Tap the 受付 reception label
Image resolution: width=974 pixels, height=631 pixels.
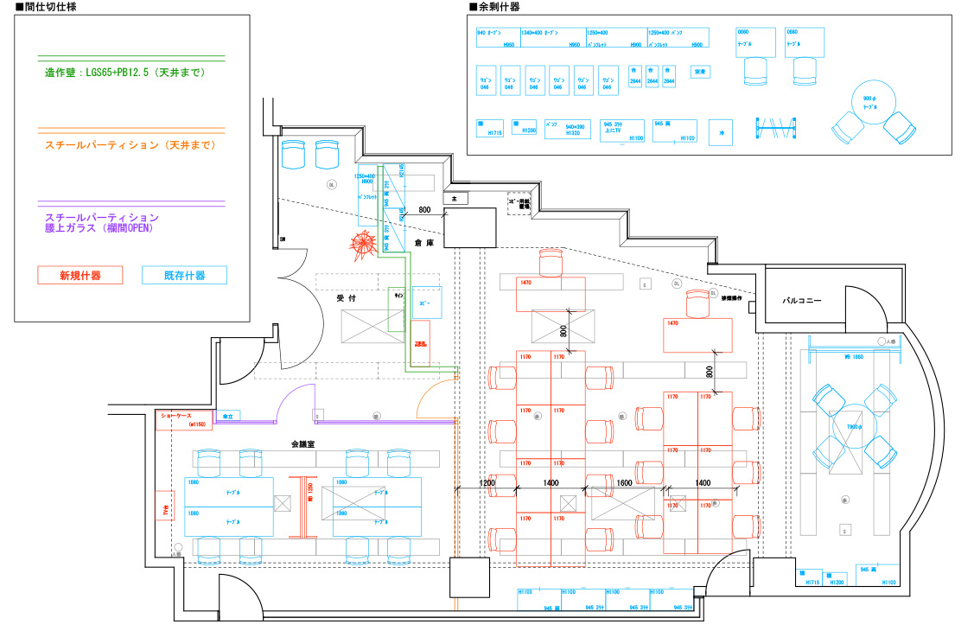point(347,298)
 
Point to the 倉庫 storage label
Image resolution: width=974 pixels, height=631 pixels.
point(422,245)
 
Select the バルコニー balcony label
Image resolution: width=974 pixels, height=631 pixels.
point(801,302)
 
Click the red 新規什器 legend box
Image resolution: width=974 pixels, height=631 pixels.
point(80,276)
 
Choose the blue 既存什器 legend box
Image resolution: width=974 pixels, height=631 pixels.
point(184,276)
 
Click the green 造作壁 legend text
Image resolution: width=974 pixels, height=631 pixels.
point(125,73)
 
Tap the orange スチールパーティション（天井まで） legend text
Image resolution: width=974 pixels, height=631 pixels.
point(130,145)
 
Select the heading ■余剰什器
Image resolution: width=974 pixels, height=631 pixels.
point(494,7)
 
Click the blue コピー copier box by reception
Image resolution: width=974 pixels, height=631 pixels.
point(427,303)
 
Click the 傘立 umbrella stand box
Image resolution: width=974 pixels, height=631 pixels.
point(229,417)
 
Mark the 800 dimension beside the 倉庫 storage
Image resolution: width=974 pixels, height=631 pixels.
point(424,210)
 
